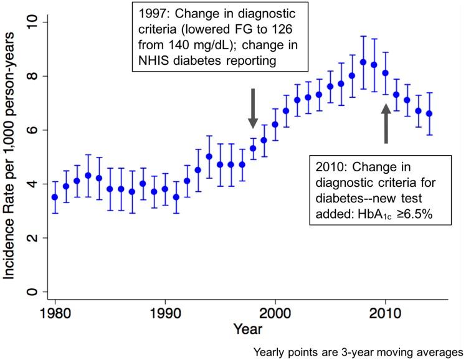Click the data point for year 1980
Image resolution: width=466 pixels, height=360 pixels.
pyautogui.click(x=55, y=197)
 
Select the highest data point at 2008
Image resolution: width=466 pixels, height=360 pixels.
pyautogui.click(x=363, y=62)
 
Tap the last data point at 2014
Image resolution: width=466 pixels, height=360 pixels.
pyautogui.click(x=429, y=114)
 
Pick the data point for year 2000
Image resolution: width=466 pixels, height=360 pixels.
pyautogui.click(x=275, y=125)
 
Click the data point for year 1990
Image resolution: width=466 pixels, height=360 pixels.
pyautogui.click(x=165, y=189)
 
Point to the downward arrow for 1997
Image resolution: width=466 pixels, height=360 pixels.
pyautogui.click(x=253, y=108)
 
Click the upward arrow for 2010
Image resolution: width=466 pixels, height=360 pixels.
pyautogui.click(x=386, y=123)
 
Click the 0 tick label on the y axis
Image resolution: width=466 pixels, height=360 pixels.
pyautogui.click(x=36, y=292)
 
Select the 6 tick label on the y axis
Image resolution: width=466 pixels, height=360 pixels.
pyautogui.click(x=36, y=130)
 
